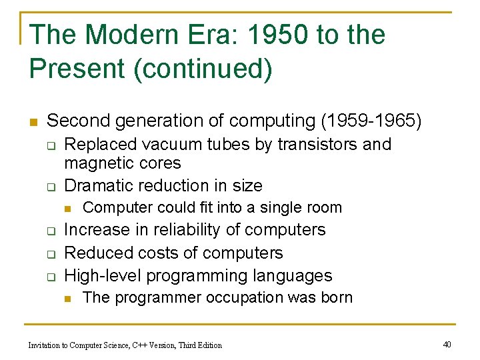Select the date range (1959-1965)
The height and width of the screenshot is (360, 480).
[x=371, y=121]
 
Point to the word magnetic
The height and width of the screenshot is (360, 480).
[x=98, y=163]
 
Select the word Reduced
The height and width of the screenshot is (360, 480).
[x=95, y=253]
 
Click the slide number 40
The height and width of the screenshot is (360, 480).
[x=447, y=344]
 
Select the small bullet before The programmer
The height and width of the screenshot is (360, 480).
[x=68, y=298]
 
